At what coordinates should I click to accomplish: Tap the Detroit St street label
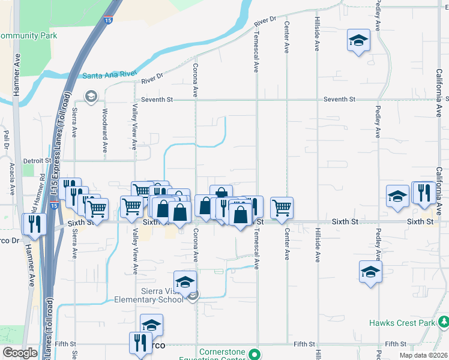37,161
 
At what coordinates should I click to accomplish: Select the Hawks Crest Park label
409,323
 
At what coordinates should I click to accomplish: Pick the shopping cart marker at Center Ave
282,208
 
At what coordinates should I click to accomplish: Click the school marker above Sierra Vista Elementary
185,281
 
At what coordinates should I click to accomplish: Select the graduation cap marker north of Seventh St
358,40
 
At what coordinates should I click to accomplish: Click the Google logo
20,353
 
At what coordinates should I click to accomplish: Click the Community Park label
29,36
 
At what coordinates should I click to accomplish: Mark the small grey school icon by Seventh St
91,96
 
